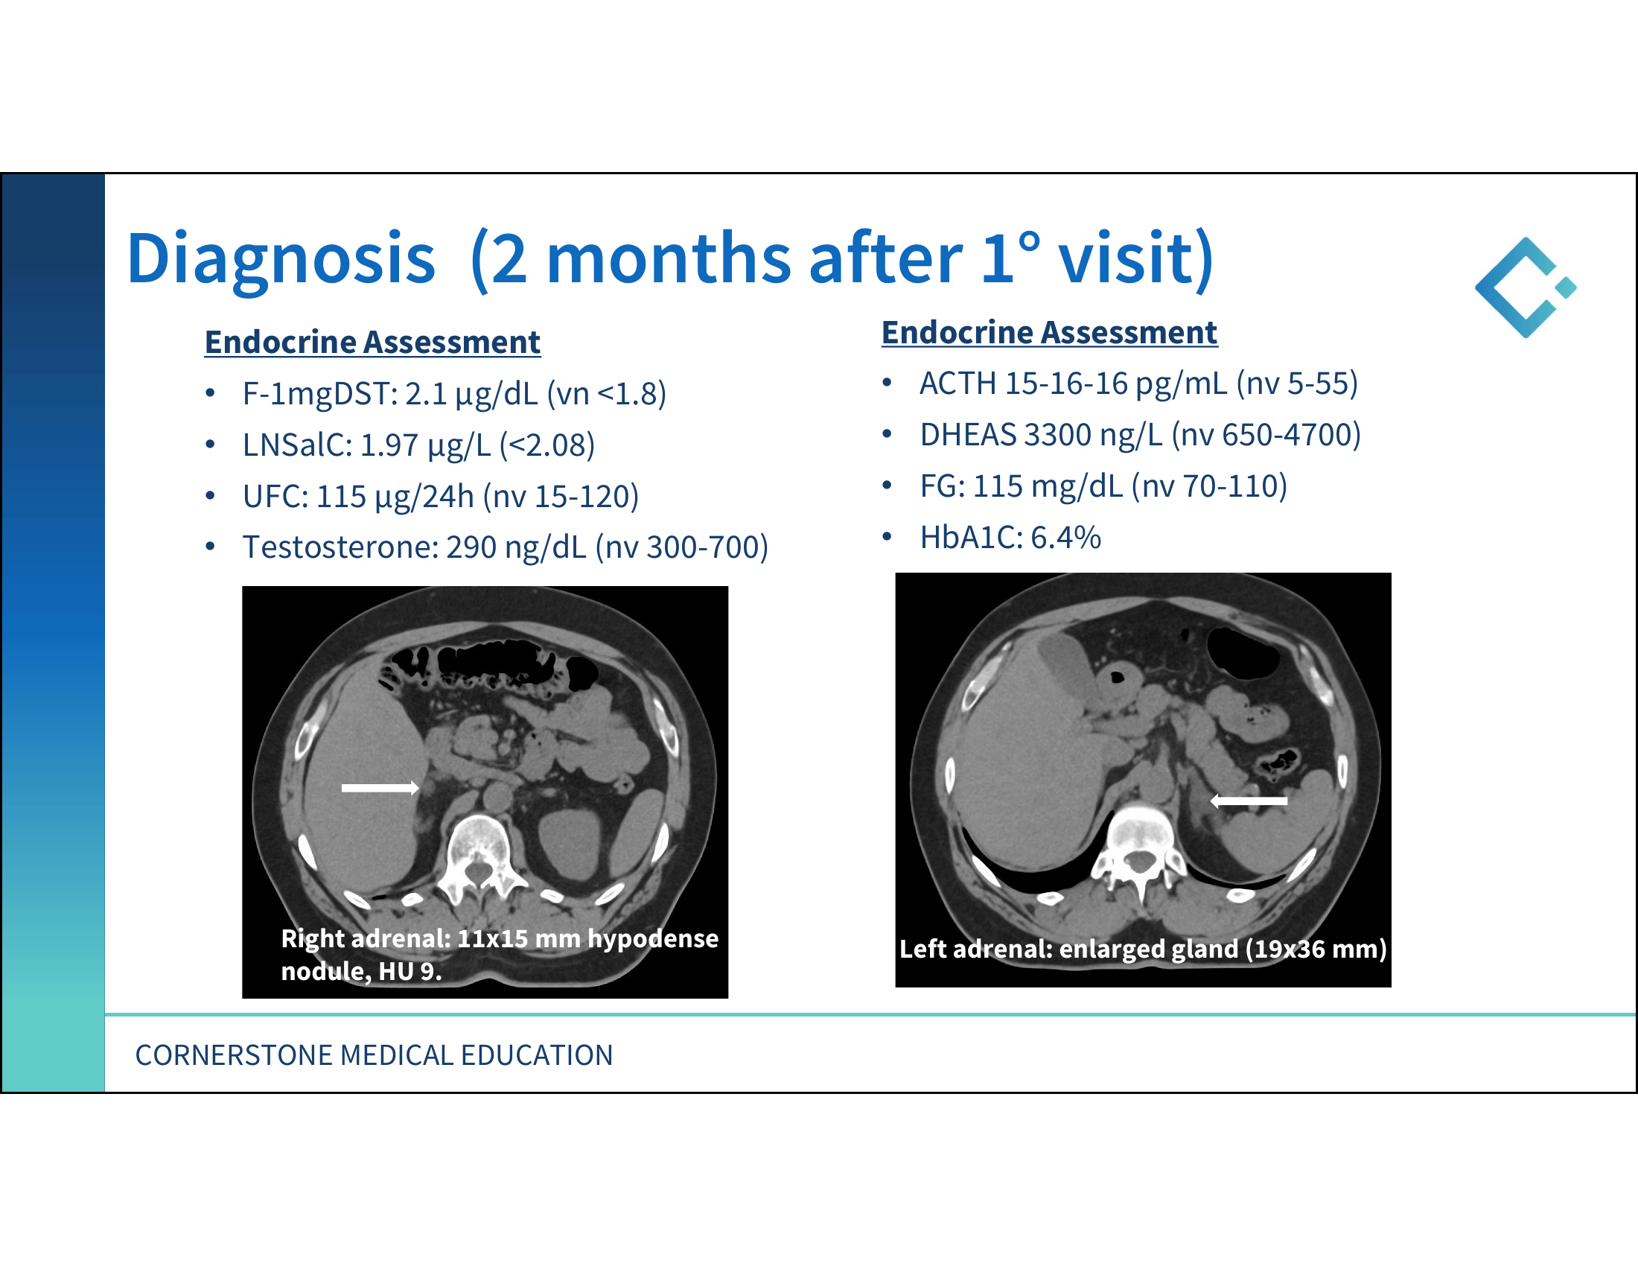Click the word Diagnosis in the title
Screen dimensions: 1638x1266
coord(281,259)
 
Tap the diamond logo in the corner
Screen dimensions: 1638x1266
coord(1525,287)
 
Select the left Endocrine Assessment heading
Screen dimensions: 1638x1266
coord(372,343)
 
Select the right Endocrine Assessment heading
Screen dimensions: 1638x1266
coord(1049,333)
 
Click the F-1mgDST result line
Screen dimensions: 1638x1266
coord(453,395)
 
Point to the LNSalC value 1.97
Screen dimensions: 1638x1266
coord(389,445)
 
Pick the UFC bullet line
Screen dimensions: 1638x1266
coord(440,497)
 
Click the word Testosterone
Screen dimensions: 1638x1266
coord(340,547)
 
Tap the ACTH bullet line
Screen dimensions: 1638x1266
coord(1138,384)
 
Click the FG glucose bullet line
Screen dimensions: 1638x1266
coord(1103,487)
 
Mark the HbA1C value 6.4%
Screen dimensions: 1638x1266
coord(1065,538)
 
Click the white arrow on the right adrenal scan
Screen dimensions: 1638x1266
coord(380,787)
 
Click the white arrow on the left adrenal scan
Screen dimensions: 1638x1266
coord(1249,801)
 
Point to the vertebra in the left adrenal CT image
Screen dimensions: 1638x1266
coord(1139,848)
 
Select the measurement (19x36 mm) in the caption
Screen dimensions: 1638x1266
coord(1316,949)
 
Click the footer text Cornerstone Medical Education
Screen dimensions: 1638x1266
coord(374,1055)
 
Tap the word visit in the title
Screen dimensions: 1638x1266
coord(1135,259)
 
